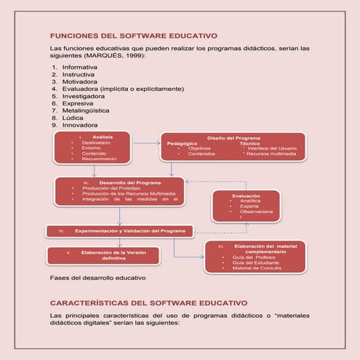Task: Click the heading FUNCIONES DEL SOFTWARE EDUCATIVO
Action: coord(133,36)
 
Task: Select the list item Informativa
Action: coord(79,67)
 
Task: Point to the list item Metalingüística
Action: coord(85,110)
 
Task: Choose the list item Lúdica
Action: coord(73,117)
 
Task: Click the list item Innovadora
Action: coord(79,125)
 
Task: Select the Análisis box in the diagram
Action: coord(92,148)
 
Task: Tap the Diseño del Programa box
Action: coord(232,146)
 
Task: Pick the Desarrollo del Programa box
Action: coord(119,191)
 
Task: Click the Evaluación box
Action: coord(245,206)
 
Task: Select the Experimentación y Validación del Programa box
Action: coord(121,231)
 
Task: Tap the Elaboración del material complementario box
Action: coord(255,257)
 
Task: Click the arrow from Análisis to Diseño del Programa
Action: coord(145,143)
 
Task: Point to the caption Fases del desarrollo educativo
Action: coord(97,278)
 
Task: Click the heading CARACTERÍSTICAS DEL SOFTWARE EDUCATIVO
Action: coord(149,302)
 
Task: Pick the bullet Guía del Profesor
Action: coord(252,257)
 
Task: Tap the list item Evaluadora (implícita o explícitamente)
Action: coord(121,89)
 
